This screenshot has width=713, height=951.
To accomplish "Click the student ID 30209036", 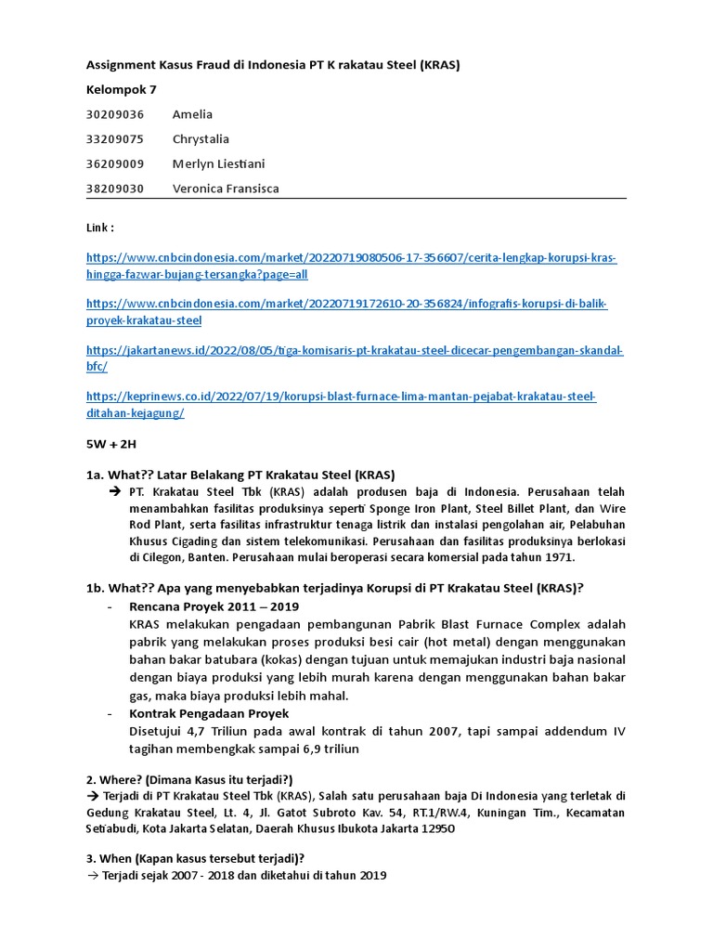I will [x=115, y=114].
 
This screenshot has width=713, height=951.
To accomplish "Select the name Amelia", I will [x=192, y=114].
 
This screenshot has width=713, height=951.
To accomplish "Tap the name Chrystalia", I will [x=201, y=139].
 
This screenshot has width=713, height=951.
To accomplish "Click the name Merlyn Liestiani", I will [x=218, y=164].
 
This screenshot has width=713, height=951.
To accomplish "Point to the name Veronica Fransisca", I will [x=226, y=189].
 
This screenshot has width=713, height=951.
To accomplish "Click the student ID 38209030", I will [x=115, y=189].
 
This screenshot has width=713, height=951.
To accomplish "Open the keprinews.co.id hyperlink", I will [x=341, y=397].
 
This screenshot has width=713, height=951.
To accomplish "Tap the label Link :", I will [x=100, y=227].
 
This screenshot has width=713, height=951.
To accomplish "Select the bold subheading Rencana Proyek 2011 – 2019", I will [x=208, y=606].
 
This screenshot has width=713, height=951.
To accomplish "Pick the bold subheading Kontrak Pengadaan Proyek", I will [x=209, y=713].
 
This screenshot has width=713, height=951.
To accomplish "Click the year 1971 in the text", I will [x=561, y=557].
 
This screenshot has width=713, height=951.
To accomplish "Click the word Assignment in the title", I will [x=122, y=65].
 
